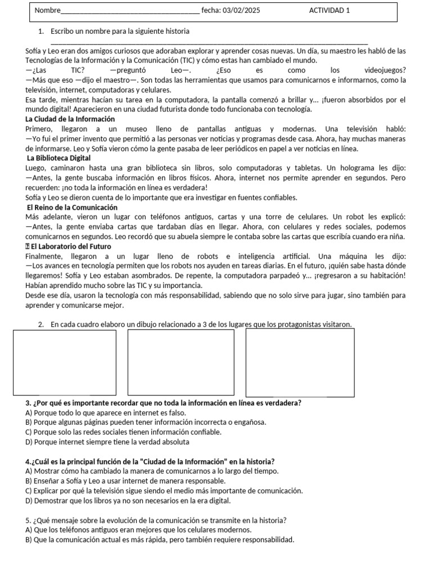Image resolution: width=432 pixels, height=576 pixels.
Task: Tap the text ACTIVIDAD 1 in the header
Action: point(329,10)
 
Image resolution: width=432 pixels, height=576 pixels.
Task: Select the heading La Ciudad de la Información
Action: point(70,119)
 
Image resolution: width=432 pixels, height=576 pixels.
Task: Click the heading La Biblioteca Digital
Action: point(59,158)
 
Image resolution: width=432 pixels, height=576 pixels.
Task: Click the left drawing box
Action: point(65,363)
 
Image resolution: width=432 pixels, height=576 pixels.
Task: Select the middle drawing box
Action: point(181,363)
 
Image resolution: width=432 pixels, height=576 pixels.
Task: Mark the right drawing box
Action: point(300,363)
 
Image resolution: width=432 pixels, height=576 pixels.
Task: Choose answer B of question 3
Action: point(146,422)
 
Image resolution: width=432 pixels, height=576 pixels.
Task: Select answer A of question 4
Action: point(152,471)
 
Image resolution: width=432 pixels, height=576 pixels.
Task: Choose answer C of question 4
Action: point(164,490)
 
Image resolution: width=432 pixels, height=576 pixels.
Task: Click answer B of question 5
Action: point(160,539)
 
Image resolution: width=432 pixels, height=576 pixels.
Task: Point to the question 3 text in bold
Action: point(163,403)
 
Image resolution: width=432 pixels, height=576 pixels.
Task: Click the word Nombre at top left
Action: point(47,11)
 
